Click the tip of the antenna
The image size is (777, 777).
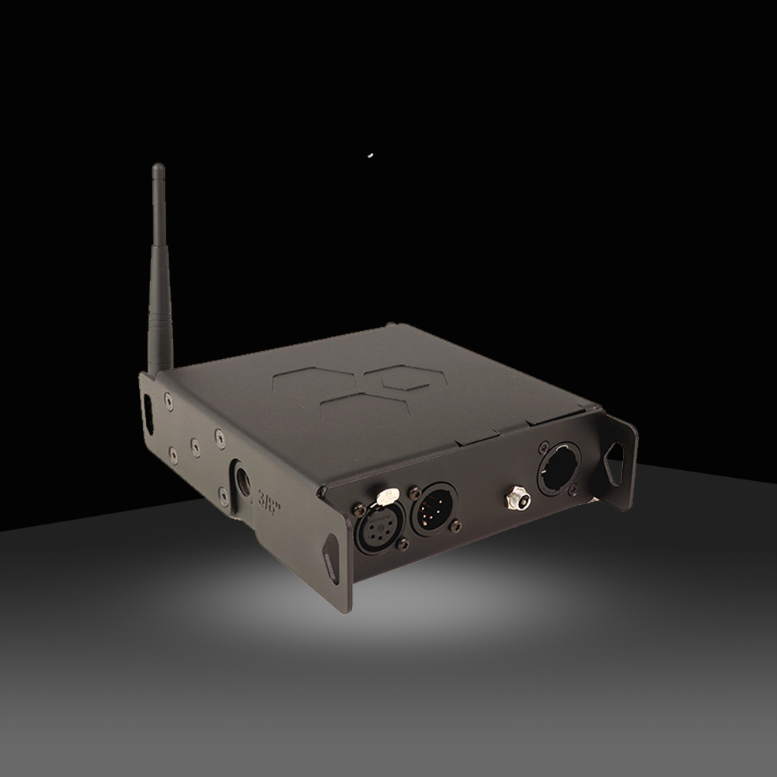[x=158, y=167]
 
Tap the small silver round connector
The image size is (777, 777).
[x=514, y=497]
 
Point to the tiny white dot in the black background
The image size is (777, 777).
[x=371, y=155]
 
